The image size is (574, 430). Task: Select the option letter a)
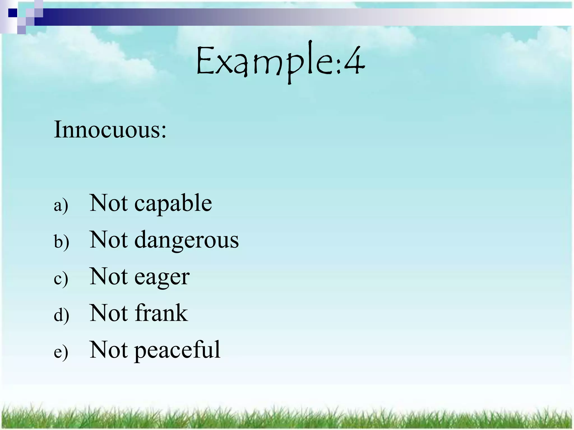[61, 205]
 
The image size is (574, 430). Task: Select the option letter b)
[61, 242]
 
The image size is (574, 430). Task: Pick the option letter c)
[61, 279]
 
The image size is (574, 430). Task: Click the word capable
[173, 204]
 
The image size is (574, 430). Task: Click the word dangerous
[186, 240]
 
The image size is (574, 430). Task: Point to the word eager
[162, 277]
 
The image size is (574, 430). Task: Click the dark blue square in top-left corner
[13, 13]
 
